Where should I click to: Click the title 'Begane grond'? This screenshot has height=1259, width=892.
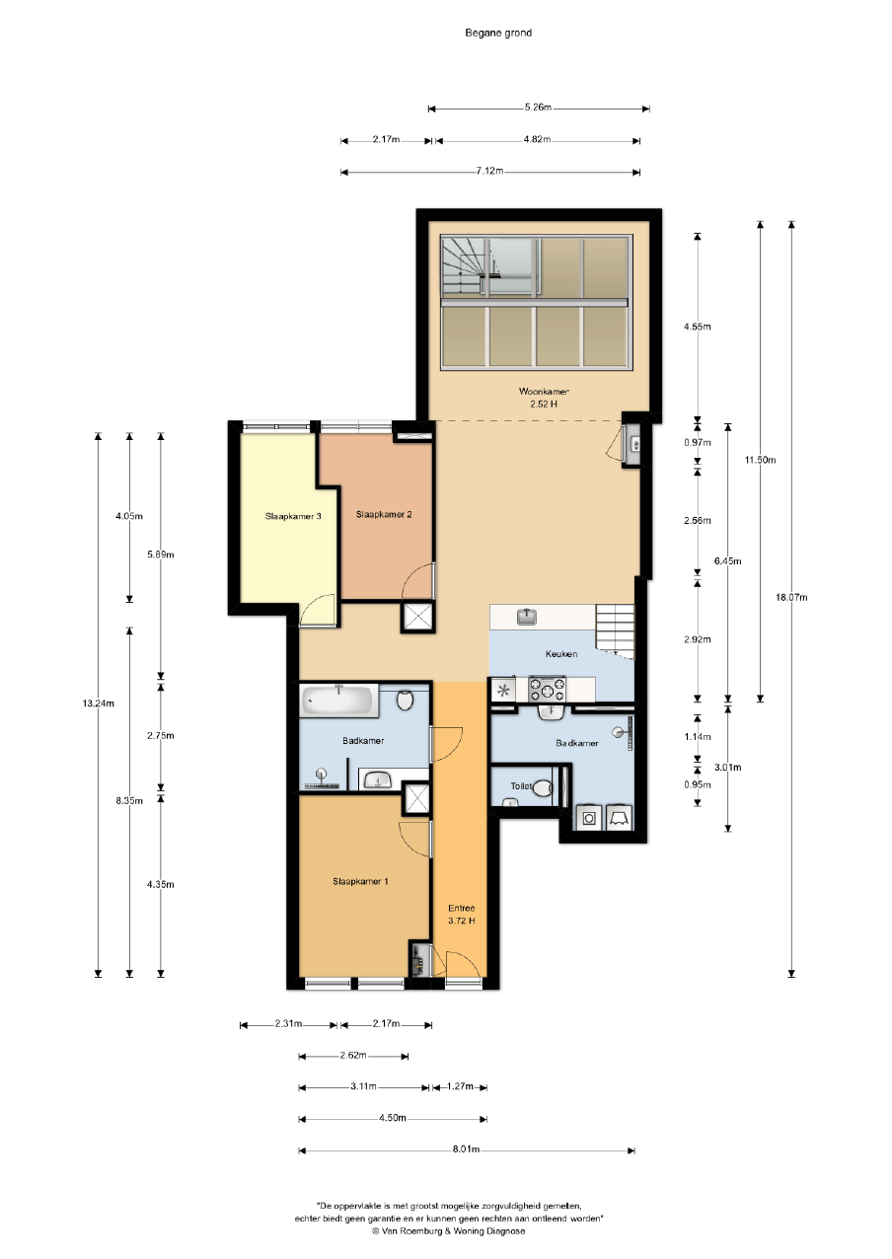coord(498,34)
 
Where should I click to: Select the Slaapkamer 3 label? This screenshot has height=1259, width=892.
coord(293,516)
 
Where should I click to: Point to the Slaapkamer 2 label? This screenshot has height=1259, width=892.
coord(384,514)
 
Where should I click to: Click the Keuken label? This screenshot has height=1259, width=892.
coord(560,653)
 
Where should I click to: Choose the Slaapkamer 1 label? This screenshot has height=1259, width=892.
coord(360,881)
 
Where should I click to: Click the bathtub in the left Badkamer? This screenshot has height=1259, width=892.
coord(338,701)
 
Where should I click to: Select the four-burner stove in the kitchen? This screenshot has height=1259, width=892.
coord(547,690)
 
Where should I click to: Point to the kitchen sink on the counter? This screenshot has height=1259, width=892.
coord(527,617)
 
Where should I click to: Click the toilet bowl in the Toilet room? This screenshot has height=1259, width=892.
coord(542,788)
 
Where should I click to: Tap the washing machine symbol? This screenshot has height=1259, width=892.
coord(588,818)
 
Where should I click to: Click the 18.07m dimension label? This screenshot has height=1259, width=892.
coord(791,598)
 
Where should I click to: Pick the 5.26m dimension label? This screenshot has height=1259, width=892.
coord(538,108)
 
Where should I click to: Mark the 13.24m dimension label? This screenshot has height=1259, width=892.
coord(99,704)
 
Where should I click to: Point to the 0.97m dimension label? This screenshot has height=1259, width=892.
coord(698,442)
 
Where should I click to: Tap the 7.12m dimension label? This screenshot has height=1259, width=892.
coord(489,171)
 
